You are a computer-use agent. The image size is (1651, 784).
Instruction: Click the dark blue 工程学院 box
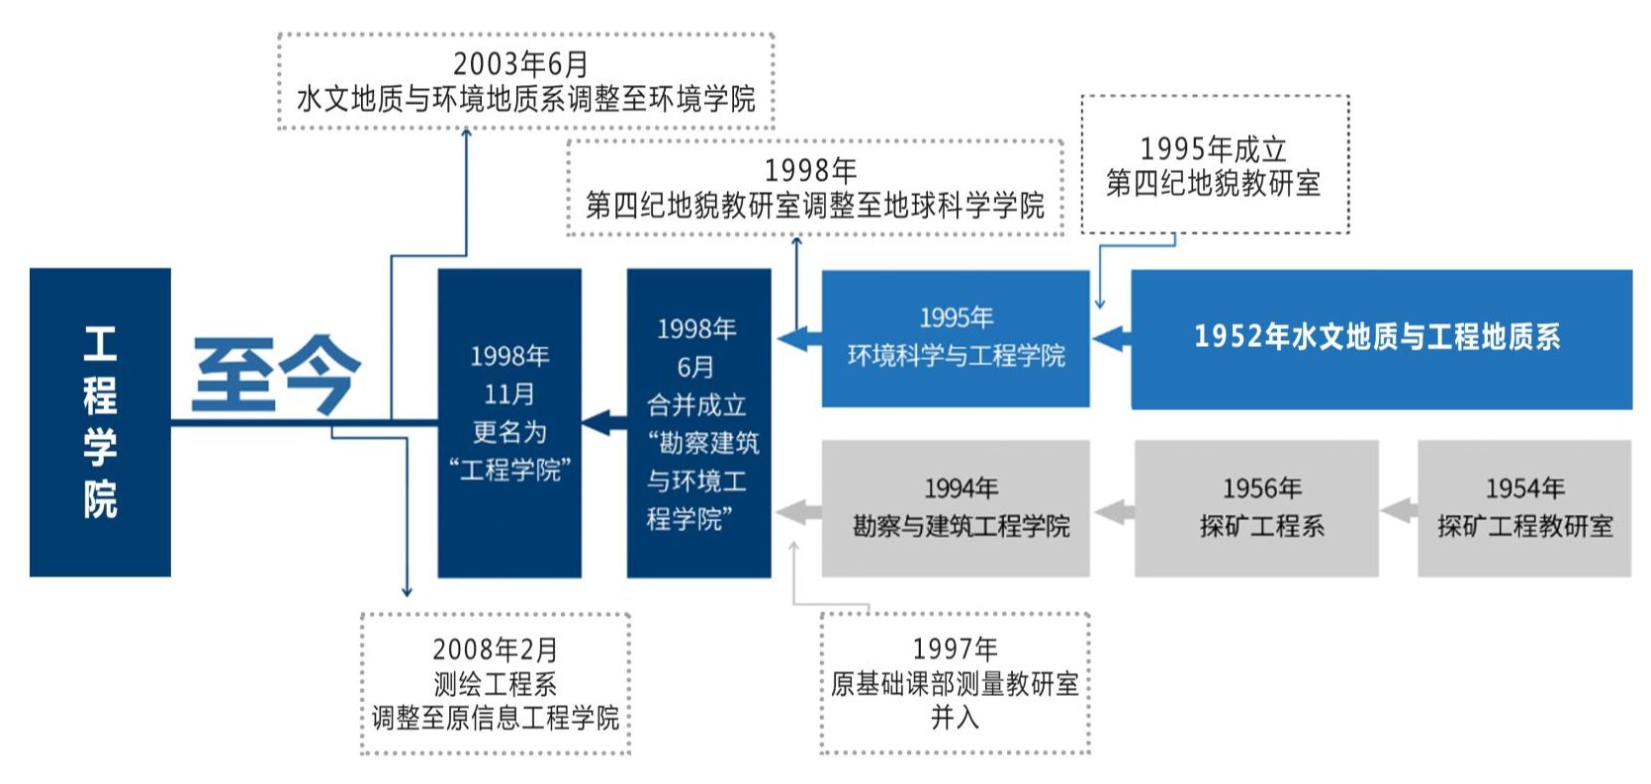click(x=100, y=422)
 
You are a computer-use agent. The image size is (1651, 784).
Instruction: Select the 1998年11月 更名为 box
click(x=509, y=422)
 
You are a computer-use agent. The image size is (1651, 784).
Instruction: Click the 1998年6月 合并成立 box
click(x=698, y=422)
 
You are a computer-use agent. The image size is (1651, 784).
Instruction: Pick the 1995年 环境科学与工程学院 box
click(x=956, y=337)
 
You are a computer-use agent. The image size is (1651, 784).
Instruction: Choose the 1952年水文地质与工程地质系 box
click(x=1381, y=337)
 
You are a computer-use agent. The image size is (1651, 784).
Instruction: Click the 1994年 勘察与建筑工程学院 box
click(x=956, y=507)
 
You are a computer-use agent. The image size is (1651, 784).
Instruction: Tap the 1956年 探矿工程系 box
click(x=1256, y=507)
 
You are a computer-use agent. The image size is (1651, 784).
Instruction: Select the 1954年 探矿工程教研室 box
click(x=1524, y=507)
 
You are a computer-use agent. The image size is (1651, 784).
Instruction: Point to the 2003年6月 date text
click(x=521, y=64)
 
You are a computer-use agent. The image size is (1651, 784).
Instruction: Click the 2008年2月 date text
click(x=495, y=650)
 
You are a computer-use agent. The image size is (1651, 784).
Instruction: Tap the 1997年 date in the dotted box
click(x=955, y=649)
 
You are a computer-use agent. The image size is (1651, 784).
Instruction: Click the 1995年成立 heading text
click(x=1214, y=149)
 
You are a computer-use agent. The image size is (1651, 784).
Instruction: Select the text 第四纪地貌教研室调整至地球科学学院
click(x=815, y=206)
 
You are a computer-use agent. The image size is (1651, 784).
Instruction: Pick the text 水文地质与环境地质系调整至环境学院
click(x=525, y=99)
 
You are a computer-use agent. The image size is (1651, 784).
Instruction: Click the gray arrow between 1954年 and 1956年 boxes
click(x=1398, y=511)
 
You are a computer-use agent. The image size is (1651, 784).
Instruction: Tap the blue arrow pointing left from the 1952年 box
click(x=1111, y=338)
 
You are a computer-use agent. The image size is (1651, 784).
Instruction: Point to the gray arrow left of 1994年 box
click(x=797, y=512)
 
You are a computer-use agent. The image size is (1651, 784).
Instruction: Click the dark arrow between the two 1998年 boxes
click(x=603, y=423)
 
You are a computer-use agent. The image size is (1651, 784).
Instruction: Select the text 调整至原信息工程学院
click(x=496, y=718)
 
